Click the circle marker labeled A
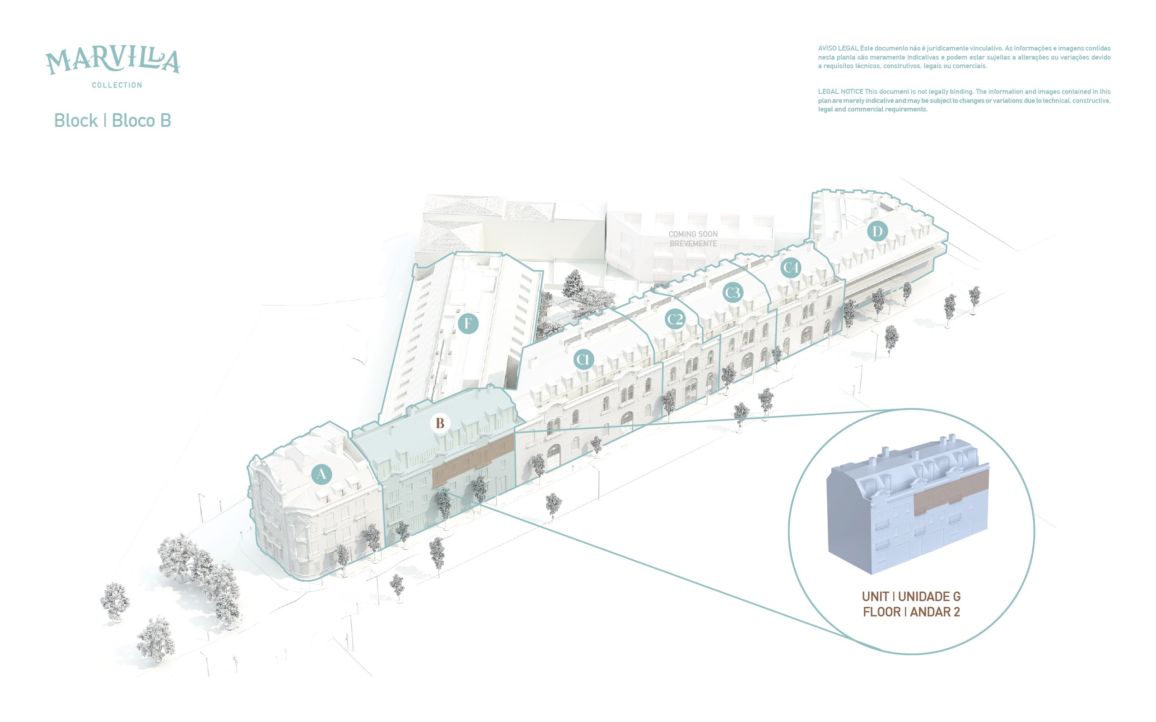[322, 474]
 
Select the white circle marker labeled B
[440, 423]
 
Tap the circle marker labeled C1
[583, 359]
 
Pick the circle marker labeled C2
[675, 319]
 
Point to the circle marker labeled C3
[733, 292]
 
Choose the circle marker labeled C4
[791, 268]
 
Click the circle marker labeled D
[877, 231]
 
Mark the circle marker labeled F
[468, 323]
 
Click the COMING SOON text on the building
[693, 234]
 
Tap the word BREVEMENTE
[693, 244]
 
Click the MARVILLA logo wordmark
[113, 60]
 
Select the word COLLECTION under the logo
[117, 85]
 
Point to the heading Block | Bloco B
[113, 120]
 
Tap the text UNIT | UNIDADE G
[911, 597]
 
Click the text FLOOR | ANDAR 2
[911, 612]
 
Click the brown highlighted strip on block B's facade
[473, 460]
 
